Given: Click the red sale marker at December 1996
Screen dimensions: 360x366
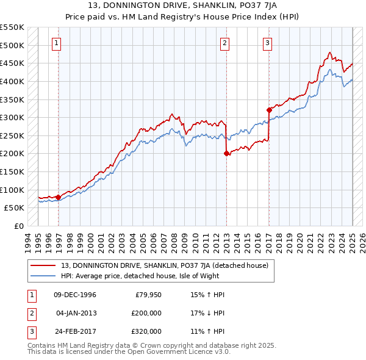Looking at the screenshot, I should [x=58, y=197].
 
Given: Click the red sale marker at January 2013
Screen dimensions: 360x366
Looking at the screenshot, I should [x=226, y=154].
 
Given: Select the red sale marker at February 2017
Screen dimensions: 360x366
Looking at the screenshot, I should [x=268, y=110].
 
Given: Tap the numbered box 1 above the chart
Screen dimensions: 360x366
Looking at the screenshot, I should [x=56, y=43].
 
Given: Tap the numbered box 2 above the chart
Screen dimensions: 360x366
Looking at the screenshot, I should [x=225, y=43].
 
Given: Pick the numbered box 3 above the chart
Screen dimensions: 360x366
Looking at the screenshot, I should [x=268, y=43].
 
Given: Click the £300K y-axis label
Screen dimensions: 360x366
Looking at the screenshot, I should [x=12, y=117].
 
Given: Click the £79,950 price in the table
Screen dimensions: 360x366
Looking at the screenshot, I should [x=148, y=295].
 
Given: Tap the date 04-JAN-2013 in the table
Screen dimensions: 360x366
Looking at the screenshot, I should [x=75, y=313].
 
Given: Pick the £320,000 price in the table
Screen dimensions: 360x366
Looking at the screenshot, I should [x=146, y=331].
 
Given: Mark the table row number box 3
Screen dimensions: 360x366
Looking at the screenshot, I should [x=30, y=331].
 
